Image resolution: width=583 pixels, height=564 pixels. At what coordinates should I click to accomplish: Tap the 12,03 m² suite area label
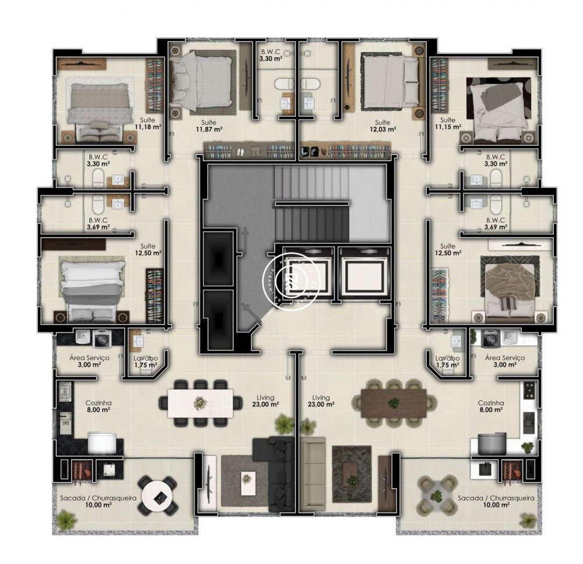[x=382, y=126]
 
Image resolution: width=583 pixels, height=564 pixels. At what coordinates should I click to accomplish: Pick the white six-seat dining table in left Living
[x=201, y=402]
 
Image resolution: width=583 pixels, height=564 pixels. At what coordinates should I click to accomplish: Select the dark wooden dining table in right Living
[x=394, y=403]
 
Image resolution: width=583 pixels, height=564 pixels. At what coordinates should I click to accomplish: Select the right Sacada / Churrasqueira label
[x=496, y=502]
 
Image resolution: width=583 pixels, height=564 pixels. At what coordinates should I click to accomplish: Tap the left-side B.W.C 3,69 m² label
[x=98, y=223]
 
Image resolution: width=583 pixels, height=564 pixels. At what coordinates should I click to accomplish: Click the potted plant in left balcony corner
[x=67, y=518]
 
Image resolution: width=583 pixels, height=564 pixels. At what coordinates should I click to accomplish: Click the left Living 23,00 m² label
[x=264, y=401]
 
